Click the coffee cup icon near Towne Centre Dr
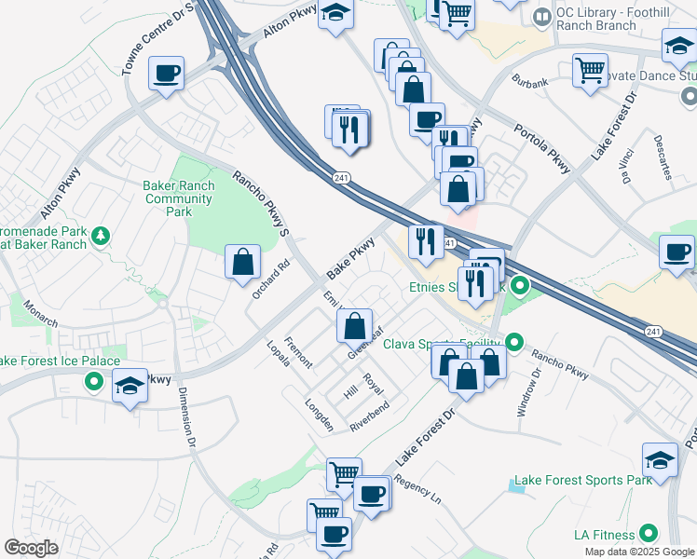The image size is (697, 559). click(x=166, y=74)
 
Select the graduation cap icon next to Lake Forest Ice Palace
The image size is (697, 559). click(x=130, y=386)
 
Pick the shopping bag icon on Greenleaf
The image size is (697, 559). click(x=354, y=326)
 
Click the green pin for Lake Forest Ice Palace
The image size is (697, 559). click(x=93, y=380)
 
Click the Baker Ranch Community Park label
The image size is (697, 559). click(x=179, y=198)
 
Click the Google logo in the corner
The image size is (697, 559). click(x=32, y=548)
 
